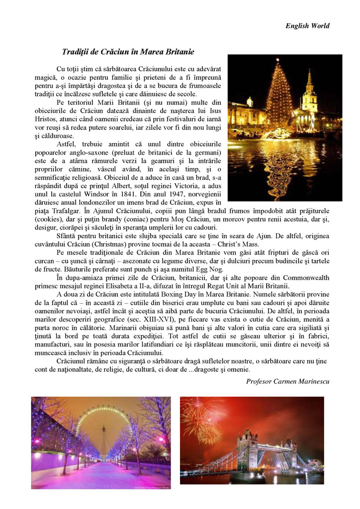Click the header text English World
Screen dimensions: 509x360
[x=307, y=26]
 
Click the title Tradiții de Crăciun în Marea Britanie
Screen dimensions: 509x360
[x=128, y=52]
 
